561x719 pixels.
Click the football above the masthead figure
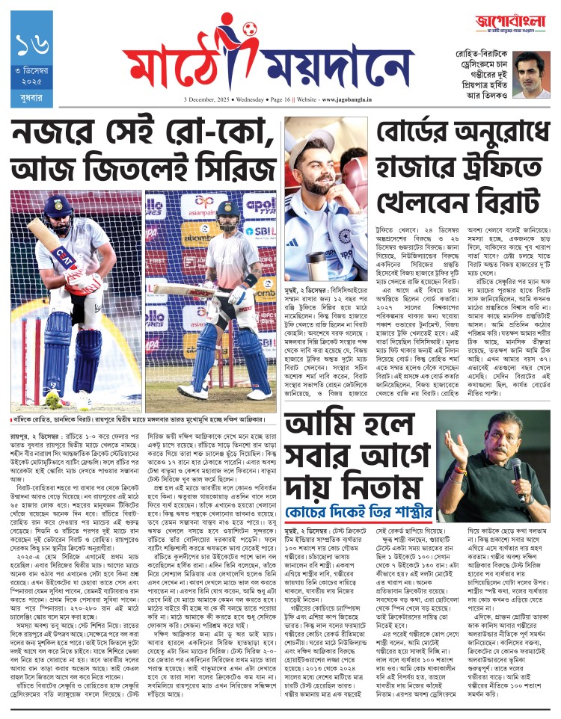click(x=250, y=29)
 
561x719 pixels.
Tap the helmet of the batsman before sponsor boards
click(x=227, y=212)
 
